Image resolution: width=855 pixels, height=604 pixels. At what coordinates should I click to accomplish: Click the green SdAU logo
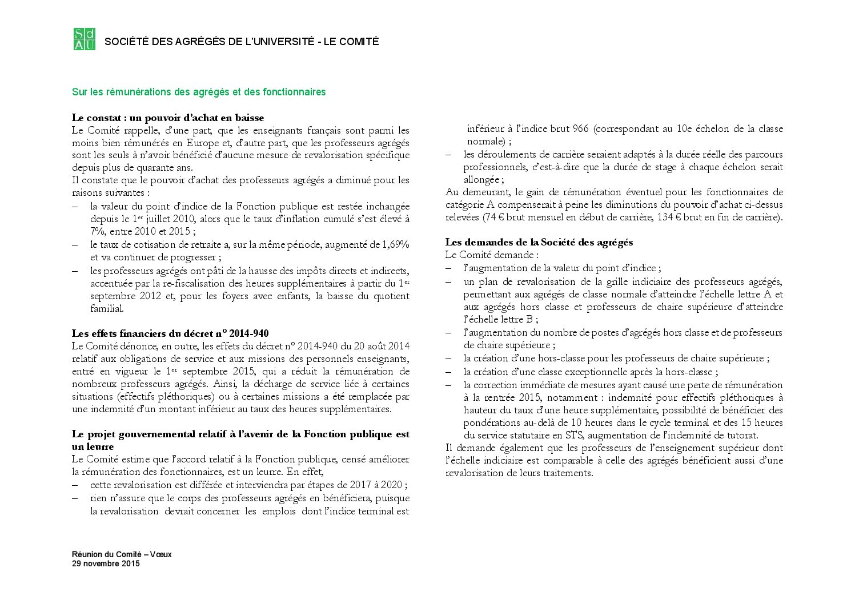pyautogui.click(x=85, y=39)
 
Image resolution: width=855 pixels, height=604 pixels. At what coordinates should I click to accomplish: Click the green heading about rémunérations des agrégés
pyautogui.click(x=199, y=92)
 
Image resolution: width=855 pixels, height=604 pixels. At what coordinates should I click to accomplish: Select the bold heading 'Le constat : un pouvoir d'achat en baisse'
pyautogui.click(x=168, y=118)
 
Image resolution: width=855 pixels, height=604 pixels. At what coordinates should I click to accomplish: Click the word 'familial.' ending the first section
pyautogui.click(x=107, y=308)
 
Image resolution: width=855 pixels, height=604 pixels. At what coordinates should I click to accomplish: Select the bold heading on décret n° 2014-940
pyautogui.click(x=170, y=333)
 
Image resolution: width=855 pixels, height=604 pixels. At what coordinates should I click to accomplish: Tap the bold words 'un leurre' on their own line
pyautogui.click(x=93, y=446)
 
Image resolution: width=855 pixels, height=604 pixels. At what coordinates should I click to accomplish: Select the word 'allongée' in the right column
pyautogui.click(x=482, y=179)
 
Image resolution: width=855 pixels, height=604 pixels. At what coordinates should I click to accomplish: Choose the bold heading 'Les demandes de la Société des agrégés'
pyautogui.click(x=539, y=242)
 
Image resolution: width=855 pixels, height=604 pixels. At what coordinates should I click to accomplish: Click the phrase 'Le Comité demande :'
pyautogui.click(x=492, y=255)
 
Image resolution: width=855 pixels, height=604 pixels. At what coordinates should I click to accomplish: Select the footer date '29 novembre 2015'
pyautogui.click(x=106, y=564)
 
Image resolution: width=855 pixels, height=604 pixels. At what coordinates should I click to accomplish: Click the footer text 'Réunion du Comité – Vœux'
pyautogui.click(x=122, y=554)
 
